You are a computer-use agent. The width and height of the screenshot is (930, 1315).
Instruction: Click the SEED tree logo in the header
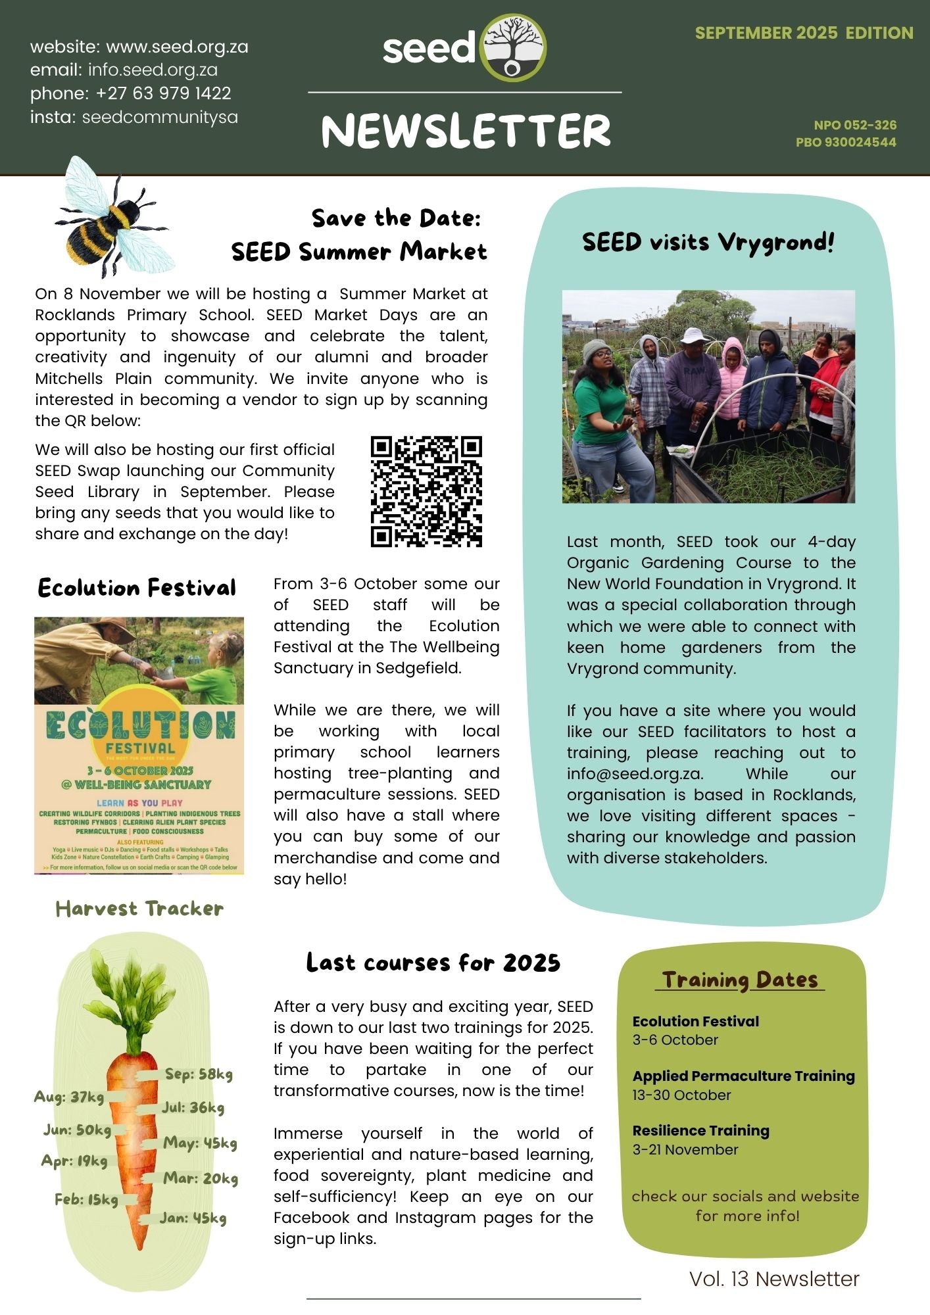(x=513, y=48)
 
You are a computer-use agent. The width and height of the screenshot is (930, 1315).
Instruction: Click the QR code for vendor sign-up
(x=426, y=491)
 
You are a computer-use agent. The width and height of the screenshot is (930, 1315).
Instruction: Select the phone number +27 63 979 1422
(x=163, y=93)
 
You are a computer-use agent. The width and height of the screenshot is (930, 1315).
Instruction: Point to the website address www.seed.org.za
(x=177, y=47)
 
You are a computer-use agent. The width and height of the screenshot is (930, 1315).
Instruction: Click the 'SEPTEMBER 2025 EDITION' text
(x=804, y=33)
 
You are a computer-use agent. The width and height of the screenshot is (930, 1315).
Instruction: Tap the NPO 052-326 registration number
(x=854, y=125)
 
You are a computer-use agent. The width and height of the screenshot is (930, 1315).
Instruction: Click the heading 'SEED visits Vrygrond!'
(x=708, y=242)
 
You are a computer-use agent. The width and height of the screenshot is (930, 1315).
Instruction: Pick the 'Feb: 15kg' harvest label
(x=86, y=1199)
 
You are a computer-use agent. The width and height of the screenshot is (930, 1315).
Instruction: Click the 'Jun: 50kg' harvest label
(x=77, y=1130)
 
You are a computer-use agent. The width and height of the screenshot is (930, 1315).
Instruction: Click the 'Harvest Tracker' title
(x=139, y=909)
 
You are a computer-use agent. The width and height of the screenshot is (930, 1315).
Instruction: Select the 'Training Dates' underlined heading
(x=739, y=980)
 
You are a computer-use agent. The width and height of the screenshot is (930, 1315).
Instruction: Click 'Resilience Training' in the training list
(x=700, y=1130)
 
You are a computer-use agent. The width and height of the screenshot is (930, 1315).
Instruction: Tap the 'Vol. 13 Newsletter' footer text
(x=774, y=1279)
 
